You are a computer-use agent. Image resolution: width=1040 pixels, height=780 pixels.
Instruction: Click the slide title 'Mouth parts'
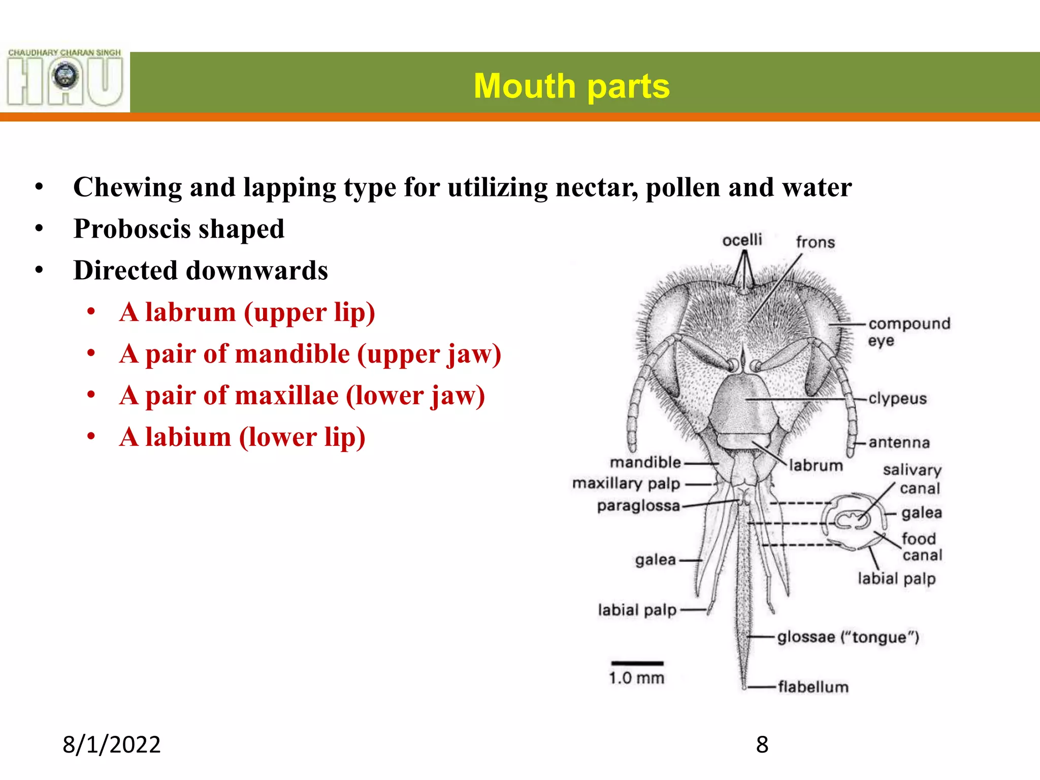coord(571,86)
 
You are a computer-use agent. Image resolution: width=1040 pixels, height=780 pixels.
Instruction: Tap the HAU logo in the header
coord(65,78)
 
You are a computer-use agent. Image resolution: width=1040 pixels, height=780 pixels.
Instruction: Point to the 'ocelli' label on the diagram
coord(742,240)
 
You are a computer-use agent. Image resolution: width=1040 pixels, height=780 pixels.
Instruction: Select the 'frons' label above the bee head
coord(815,242)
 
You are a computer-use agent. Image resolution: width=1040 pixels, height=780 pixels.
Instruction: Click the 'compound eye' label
coord(908,332)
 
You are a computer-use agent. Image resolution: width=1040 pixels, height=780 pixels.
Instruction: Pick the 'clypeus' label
coord(897,399)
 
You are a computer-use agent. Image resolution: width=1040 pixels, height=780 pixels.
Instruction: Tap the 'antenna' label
coord(899,443)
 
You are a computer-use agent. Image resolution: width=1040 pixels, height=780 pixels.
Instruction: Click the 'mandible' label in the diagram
coord(645,462)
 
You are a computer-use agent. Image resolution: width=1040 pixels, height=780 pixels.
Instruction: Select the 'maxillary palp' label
coord(626,483)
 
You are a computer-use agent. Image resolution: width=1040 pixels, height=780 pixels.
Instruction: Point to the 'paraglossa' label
coord(638,506)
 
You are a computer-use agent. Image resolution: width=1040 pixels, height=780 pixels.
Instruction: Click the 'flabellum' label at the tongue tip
coord(812,687)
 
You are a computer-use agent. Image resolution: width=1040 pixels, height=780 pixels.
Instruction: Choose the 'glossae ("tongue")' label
coord(848,637)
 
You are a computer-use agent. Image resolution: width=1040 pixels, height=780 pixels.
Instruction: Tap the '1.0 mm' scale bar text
coord(636,678)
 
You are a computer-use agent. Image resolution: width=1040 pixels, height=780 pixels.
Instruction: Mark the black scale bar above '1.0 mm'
coord(637,664)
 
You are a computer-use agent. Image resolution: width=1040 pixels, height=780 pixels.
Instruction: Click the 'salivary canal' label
coord(913,479)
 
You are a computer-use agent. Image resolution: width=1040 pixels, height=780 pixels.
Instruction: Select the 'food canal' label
coord(921,546)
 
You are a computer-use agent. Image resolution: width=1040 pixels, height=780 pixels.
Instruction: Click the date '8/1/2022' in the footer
coord(111,745)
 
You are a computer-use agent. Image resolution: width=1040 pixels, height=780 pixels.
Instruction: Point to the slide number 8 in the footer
coord(762,745)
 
